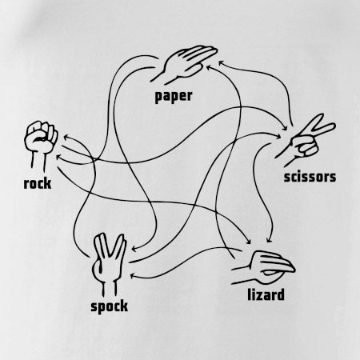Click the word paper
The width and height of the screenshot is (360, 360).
pyautogui.click(x=174, y=96)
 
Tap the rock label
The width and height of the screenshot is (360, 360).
pyautogui.click(x=38, y=183)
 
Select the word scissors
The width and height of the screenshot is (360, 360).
pyautogui.click(x=310, y=177)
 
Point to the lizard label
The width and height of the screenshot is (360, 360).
pyautogui.click(x=266, y=294)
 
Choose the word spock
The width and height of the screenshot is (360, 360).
pyautogui.click(x=109, y=306)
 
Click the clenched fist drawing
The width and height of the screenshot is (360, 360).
pyautogui.click(x=41, y=146)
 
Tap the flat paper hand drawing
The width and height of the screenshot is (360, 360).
pyautogui.click(x=184, y=63)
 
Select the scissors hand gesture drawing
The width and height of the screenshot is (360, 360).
pyautogui.click(x=304, y=140)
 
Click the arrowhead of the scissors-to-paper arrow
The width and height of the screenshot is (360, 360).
pyautogui.click(x=221, y=63)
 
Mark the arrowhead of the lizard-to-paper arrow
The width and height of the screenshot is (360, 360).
pyautogui.click(x=209, y=66)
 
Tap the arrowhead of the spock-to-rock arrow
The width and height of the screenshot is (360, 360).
pyautogui.click(x=66, y=138)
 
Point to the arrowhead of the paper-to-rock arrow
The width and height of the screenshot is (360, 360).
pyautogui.click(x=58, y=158)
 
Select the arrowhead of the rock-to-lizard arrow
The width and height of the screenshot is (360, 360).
pyautogui.click(x=248, y=241)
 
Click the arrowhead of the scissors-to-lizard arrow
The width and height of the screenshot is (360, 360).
pyautogui.click(x=269, y=240)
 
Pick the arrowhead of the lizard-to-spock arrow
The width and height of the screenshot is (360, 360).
pyautogui.click(x=133, y=276)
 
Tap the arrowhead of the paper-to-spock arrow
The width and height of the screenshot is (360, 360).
pyautogui.click(x=134, y=250)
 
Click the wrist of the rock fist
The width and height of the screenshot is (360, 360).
pyautogui.click(x=38, y=161)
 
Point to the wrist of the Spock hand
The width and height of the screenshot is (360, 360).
pyautogui.click(x=110, y=288)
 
